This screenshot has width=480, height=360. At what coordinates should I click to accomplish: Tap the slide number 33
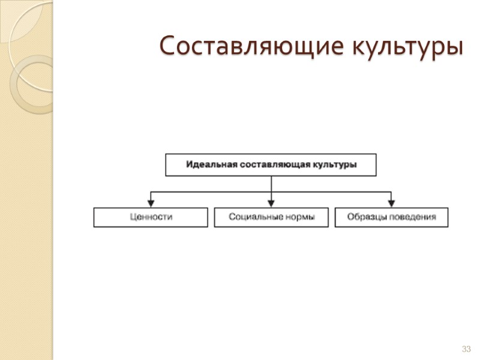466,349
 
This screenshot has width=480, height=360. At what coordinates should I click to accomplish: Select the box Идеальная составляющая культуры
271,164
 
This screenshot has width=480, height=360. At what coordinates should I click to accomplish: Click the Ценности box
151,217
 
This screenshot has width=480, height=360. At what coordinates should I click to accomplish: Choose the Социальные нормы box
271,217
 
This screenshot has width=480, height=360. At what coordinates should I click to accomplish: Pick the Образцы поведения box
391,217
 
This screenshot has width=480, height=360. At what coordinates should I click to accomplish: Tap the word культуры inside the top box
335,164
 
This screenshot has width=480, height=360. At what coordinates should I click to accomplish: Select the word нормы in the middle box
299,217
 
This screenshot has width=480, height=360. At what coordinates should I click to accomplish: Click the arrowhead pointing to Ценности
151,203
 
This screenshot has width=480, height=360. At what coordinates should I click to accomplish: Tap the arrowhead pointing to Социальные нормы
271,203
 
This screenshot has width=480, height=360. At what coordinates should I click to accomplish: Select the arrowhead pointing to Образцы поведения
391,203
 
